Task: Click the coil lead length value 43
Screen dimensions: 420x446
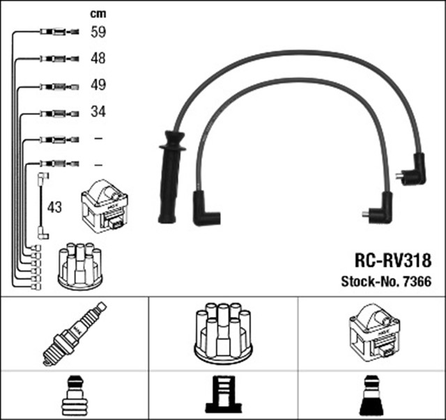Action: (55, 207)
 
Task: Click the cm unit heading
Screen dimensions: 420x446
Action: (98, 13)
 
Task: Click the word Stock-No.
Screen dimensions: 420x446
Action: (368, 282)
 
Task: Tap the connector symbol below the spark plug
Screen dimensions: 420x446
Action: (74, 396)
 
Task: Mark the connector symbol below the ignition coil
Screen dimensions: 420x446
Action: (371, 396)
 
